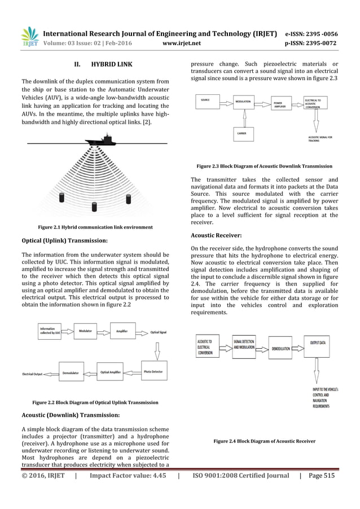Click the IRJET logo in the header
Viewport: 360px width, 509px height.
(29, 36)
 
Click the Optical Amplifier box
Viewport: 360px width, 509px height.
(111, 372)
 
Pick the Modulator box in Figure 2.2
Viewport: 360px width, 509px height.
(86, 332)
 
